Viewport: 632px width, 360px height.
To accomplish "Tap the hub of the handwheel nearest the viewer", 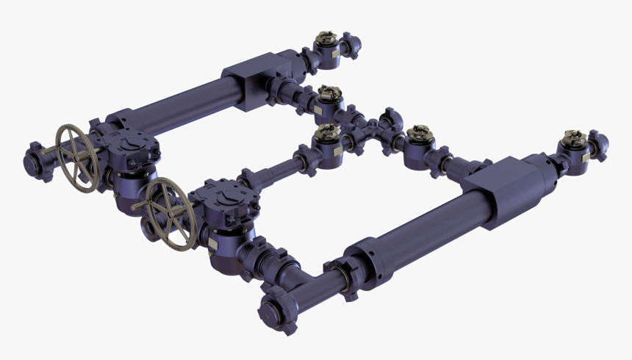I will coord(170,214).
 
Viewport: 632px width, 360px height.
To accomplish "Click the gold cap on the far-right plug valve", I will coord(571,137).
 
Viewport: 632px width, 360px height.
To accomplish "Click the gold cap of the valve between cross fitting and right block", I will coord(419,134).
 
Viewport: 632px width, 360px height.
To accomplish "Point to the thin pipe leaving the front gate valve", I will coord(276,173).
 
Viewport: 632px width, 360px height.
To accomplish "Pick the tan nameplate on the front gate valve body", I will coord(215,240).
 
